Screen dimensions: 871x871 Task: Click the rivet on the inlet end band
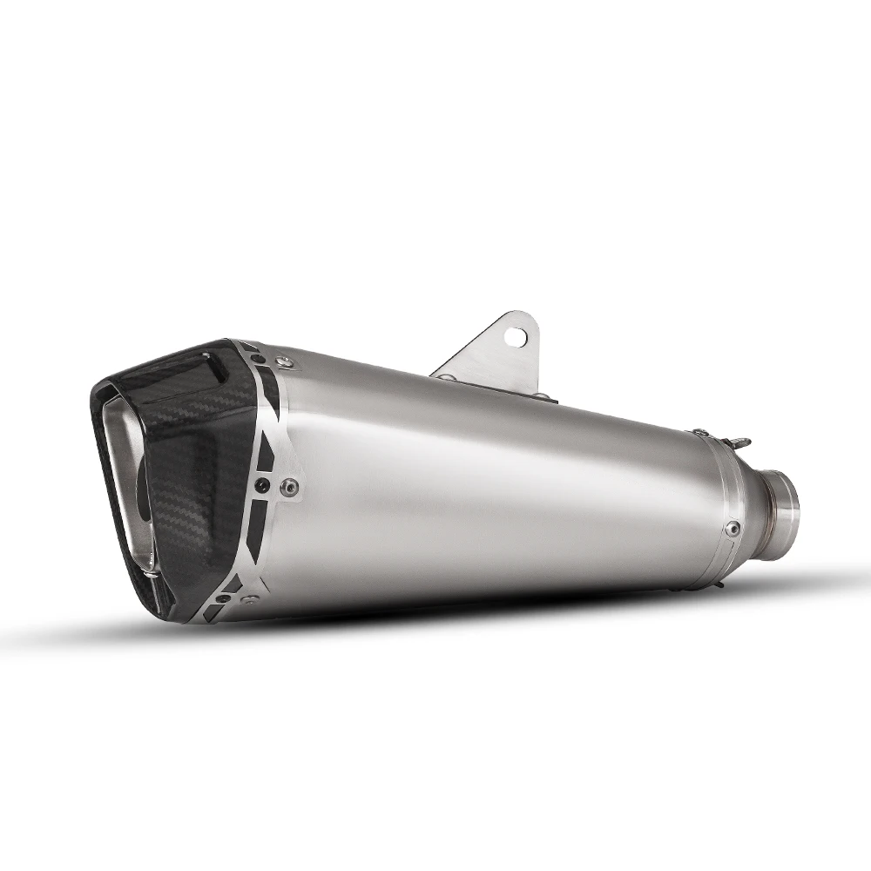[x=733, y=527]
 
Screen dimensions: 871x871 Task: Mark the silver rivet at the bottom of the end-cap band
[x=252, y=600]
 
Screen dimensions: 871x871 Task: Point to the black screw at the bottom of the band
[x=226, y=598]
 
